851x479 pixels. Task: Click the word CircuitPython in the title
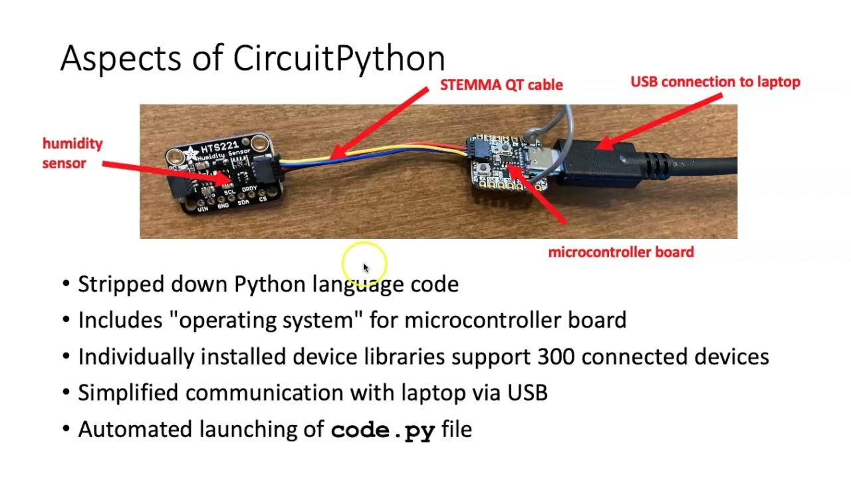pos(338,59)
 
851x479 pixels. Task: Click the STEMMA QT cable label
pos(501,85)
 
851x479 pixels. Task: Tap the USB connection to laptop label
pos(715,82)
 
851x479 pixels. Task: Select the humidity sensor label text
pos(72,153)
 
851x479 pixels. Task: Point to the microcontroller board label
pos(620,252)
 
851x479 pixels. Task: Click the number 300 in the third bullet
pos(556,357)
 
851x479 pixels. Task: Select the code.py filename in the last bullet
pos(382,430)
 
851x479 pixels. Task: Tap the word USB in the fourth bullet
pos(527,393)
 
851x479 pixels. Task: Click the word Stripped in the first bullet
pos(121,284)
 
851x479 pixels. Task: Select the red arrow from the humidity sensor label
pos(166,172)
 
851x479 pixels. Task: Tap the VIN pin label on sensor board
pos(202,208)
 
